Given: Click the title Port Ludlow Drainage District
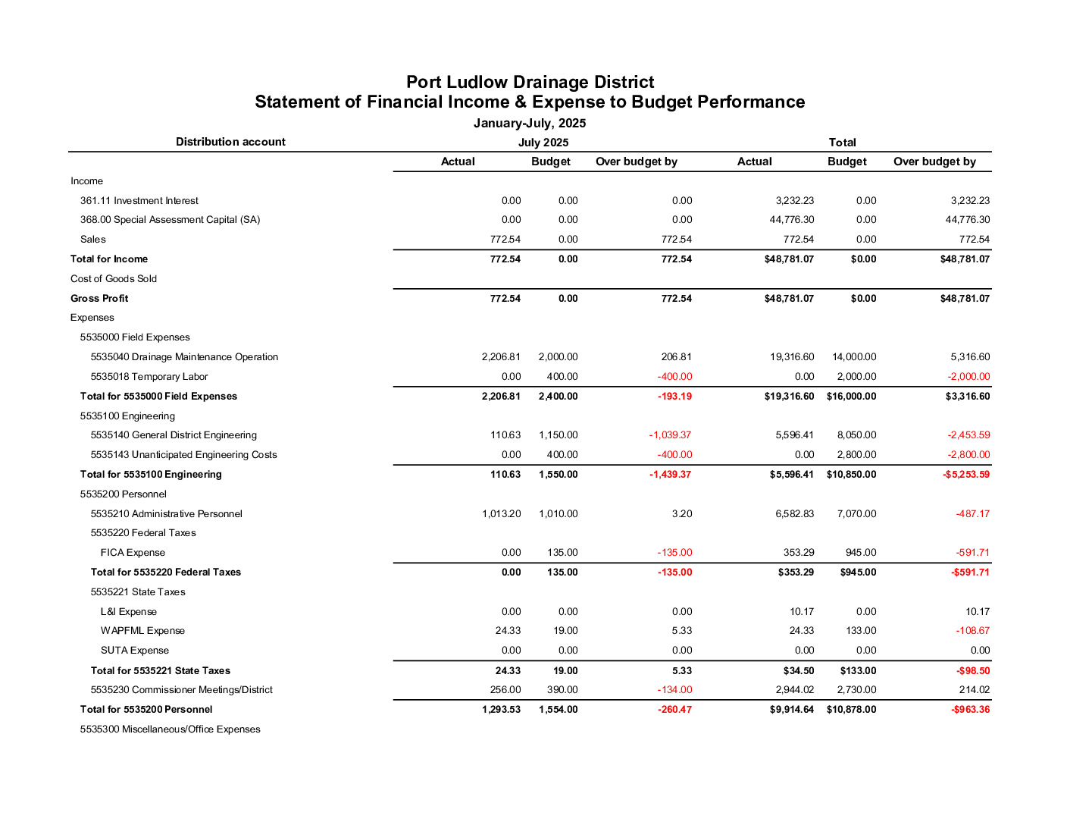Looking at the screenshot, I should pyautogui.click(x=530, y=82).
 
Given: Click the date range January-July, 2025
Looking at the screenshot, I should pyautogui.click(x=530, y=123).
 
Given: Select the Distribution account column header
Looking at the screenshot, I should pyautogui.click(x=230, y=142).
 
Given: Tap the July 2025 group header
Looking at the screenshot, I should pyautogui.click(x=543, y=143).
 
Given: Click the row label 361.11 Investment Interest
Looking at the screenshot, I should pyautogui.click(x=139, y=201).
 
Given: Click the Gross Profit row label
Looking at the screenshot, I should pyautogui.click(x=99, y=299).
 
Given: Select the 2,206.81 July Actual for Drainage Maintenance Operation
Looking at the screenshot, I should pyautogui.click(x=501, y=357).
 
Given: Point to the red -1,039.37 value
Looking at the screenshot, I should pyautogui.click(x=670, y=435).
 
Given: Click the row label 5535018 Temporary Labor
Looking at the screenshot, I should pyautogui.click(x=149, y=377).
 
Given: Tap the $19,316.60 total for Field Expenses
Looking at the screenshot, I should pyautogui.click(x=789, y=397).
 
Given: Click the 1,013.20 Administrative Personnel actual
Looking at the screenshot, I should pyautogui.click(x=501, y=514).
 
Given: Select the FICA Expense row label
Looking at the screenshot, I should pyautogui.click(x=133, y=553).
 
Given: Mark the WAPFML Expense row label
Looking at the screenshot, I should pyautogui.click(x=142, y=631).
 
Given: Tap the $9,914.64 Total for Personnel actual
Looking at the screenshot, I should pyautogui.click(x=791, y=710).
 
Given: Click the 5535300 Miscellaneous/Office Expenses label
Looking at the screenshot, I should pyautogui.click(x=171, y=729).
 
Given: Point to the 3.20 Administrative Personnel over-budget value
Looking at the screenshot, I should pyautogui.click(x=681, y=514).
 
